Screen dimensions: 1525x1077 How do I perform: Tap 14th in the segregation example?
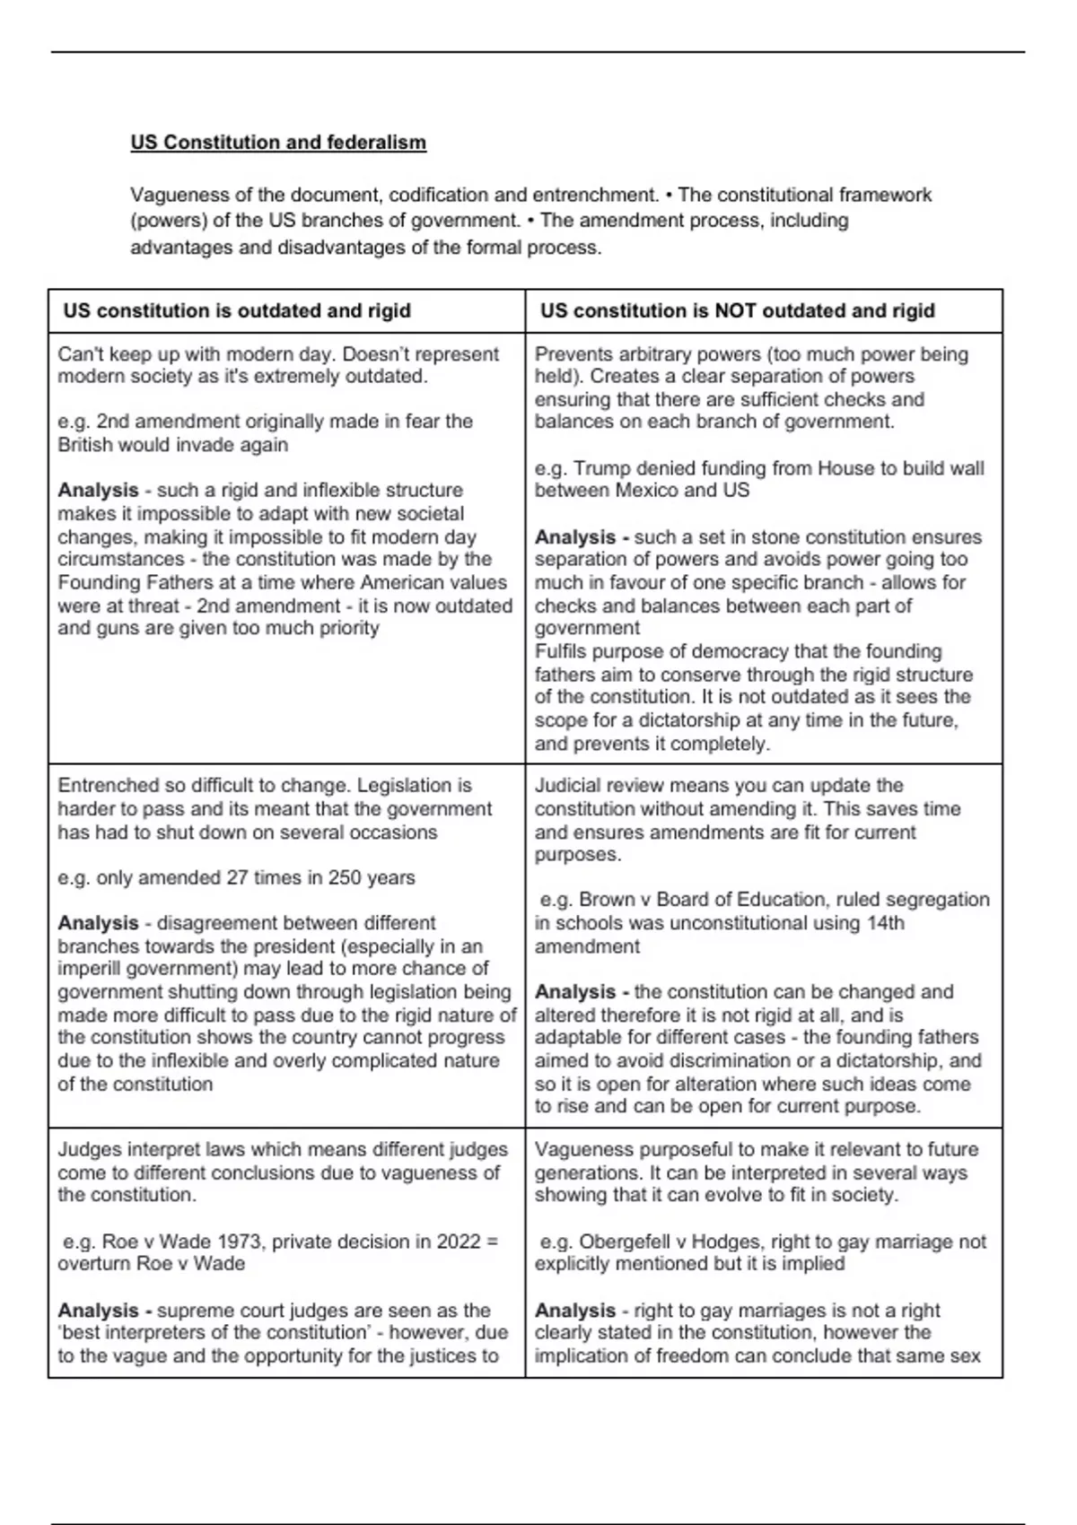coord(885,923)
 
